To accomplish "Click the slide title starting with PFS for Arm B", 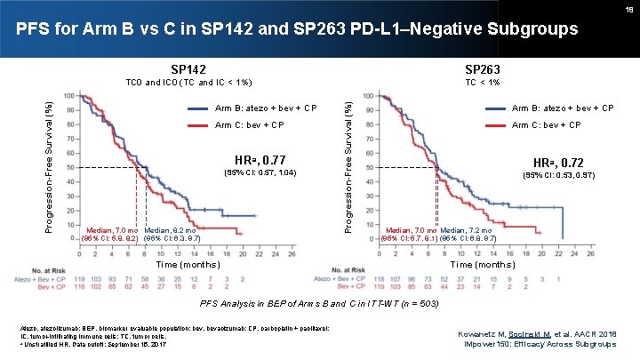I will pyautogui.click(x=298, y=31).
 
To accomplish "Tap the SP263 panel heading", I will pyautogui.click(x=482, y=68).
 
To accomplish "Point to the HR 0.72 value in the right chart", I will pyautogui.click(x=558, y=164).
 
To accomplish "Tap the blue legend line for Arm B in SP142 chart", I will pyautogui.click(x=199, y=108).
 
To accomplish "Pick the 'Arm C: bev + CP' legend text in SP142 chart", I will pyautogui.click(x=251, y=124).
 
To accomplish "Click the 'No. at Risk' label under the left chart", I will pyautogui.click(x=60, y=270).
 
